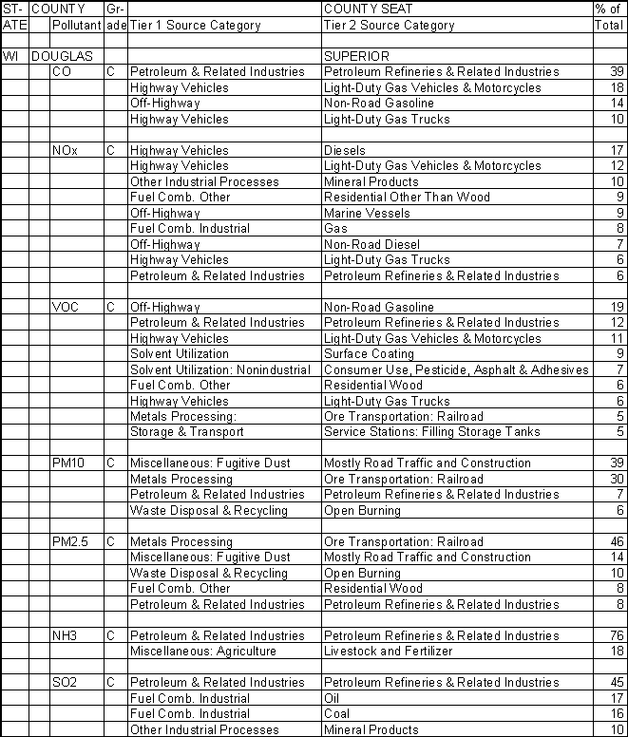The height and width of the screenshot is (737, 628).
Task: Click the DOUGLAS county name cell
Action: click(62, 56)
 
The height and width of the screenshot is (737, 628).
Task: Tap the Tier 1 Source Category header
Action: click(195, 26)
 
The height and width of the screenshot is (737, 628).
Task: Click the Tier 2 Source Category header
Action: click(389, 26)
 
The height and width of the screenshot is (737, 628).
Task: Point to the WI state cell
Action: click(11, 56)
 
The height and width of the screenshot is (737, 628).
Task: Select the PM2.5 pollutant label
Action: click(69, 541)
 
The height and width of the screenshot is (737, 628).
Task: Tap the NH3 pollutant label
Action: click(66, 635)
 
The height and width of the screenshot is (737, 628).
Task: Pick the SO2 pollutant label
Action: click(66, 682)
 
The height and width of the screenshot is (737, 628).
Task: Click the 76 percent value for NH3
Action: click(615, 635)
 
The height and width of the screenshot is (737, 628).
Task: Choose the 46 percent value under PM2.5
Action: click(615, 541)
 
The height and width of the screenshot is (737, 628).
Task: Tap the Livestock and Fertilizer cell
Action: click(390, 651)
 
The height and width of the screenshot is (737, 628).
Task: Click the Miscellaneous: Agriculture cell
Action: click(202, 651)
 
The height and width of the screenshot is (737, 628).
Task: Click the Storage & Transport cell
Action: click(185, 432)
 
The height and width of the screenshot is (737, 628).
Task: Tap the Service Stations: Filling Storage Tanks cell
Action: click(432, 432)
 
